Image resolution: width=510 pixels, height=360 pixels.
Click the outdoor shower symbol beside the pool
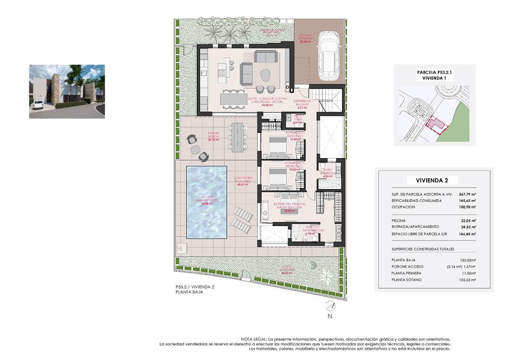180,247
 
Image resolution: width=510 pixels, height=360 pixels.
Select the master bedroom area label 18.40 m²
289,211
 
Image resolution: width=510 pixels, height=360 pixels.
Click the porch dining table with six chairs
236,136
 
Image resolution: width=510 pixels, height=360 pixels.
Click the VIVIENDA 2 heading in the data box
432,180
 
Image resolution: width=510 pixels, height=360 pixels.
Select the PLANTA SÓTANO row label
407,280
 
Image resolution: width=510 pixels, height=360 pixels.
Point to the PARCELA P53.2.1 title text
434,73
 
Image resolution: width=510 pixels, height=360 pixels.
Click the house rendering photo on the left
67,92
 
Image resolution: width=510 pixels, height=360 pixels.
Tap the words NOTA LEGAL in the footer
254,339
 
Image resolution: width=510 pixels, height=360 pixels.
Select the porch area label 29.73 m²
214,140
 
